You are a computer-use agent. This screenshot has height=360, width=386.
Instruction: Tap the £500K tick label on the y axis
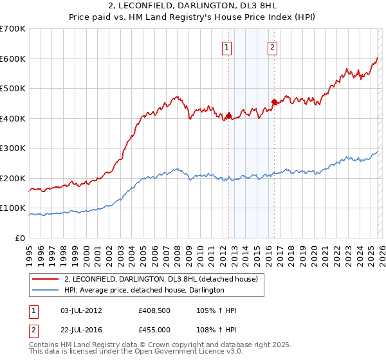(x=12, y=88)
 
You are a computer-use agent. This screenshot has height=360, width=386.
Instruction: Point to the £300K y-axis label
(x=12, y=148)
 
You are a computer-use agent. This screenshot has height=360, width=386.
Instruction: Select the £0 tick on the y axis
(x=19, y=238)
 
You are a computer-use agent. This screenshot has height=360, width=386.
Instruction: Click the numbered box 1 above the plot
(x=228, y=47)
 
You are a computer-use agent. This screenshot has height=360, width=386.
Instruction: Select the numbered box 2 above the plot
(x=273, y=47)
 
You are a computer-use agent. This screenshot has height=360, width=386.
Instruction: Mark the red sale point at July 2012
(x=228, y=116)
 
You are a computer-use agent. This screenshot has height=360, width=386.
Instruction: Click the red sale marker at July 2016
(x=274, y=102)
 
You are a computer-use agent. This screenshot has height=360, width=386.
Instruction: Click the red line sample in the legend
(x=46, y=279)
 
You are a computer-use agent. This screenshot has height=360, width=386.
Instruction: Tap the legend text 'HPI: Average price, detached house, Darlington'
(x=143, y=290)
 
